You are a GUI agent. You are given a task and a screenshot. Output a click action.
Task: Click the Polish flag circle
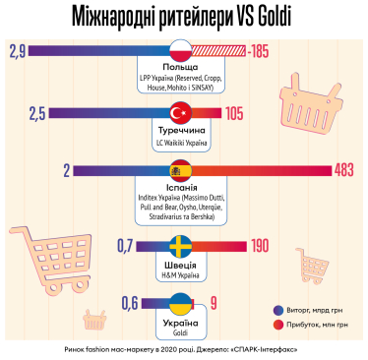[180, 51]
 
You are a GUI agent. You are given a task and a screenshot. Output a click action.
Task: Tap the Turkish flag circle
[181, 112]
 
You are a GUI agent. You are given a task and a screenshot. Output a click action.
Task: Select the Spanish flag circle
[182, 170]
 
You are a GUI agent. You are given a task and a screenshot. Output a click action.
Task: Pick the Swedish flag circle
[182, 246]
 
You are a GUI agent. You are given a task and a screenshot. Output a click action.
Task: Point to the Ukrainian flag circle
[181, 303]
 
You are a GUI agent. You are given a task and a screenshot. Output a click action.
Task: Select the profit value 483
[343, 170]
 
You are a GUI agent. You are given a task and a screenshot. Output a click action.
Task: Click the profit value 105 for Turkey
[233, 113]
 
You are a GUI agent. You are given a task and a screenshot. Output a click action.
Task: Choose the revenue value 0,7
[125, 246]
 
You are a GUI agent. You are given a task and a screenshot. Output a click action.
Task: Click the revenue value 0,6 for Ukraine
[129, 303]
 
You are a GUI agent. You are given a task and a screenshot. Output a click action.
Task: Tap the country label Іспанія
[182, 187]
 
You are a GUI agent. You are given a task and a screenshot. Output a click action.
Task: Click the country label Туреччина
[182, 130]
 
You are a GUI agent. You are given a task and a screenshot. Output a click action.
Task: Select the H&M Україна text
[182, 275]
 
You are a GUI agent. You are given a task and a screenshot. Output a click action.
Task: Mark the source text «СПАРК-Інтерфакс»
[259, 348]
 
